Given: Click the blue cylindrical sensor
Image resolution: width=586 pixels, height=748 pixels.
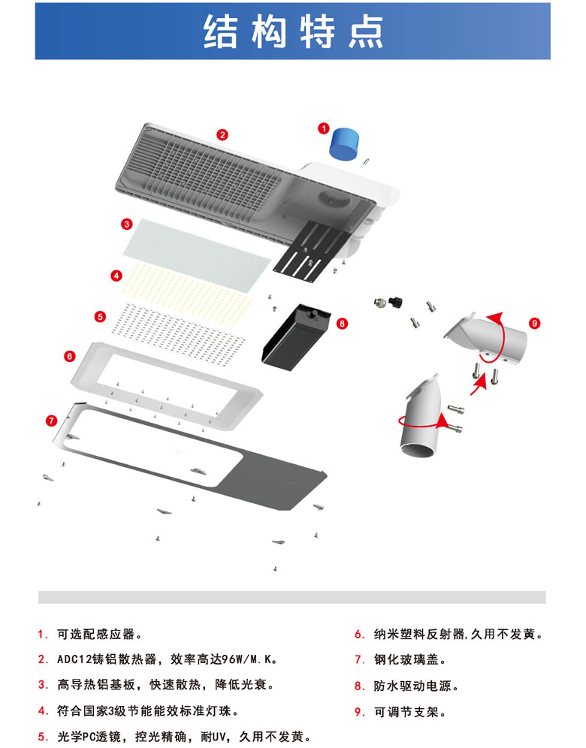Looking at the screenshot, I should pyautogui.click(x=345, y=142).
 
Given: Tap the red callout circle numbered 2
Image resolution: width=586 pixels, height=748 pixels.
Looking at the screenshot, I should pyautogui.click(x=222, y=135).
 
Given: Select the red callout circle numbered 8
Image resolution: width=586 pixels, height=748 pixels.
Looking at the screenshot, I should pyautogui.click(x=343, y=324).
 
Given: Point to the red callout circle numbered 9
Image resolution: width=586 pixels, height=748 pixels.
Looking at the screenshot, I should pyautogui.click(x=534, y=323).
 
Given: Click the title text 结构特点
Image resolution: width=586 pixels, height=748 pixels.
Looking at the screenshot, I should pyautogui.click(x=293, y=32).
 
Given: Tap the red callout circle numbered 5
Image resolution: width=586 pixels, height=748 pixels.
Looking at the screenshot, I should pyautogui.click(x=101, y=317).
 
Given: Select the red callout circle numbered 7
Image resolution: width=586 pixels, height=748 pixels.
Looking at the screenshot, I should pyautogui.click(x=51, y=419).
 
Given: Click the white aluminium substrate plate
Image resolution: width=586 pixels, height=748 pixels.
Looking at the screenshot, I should pyautogui.click(x=197, y=249).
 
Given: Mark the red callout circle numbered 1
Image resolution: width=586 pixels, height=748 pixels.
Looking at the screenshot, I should pyautogui.click(x=324, y=128).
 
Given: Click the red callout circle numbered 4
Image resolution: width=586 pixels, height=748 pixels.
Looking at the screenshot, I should pyautogui.click(x=116, y=276).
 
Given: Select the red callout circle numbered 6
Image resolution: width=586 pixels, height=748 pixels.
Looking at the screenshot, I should pyautogui.click(x=69, y=355).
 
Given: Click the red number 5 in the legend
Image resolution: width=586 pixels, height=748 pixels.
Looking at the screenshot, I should pyautogui.click(x=42, y=736).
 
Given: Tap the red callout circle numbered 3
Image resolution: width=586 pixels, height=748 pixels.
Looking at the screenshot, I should pyautogui.click(x=128, y=224).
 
